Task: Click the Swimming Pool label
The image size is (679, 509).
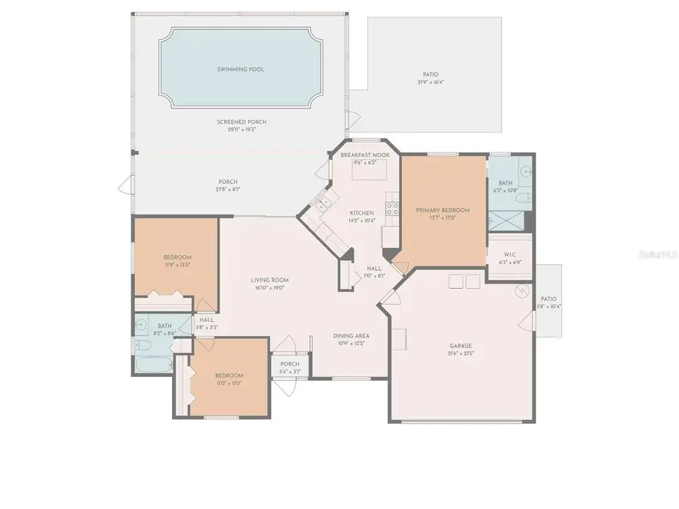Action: (241, 69)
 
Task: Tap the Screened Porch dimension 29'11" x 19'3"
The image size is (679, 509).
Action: (241, 129)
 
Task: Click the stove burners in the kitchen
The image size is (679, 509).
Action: (392, 206)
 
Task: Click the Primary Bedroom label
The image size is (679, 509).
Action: (443, 210)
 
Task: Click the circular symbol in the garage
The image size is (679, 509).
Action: (520, 290)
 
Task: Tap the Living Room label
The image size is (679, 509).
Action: (270, 280)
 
